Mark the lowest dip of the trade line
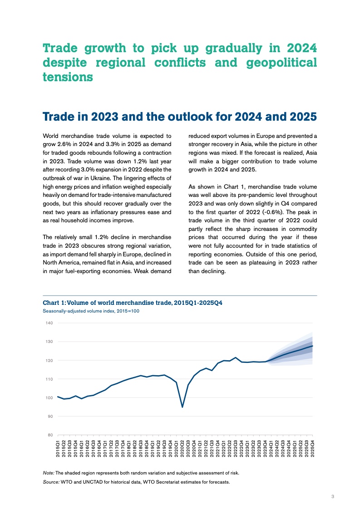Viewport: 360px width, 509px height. tap(182, 407)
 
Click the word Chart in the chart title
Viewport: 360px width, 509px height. tap(51, 303)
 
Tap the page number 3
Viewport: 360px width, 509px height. tap(333, 497)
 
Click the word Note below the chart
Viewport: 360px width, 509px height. tap(48, 473)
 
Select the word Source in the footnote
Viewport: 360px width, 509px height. tap(51, 482)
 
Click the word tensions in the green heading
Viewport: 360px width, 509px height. tap(68, 77)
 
